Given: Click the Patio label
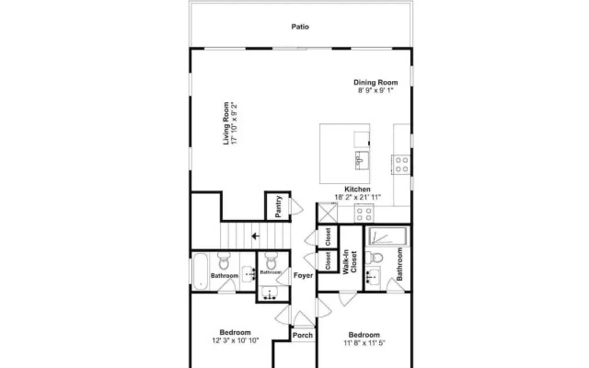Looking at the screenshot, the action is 300,27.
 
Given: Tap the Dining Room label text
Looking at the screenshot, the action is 375,82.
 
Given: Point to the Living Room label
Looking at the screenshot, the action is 225,123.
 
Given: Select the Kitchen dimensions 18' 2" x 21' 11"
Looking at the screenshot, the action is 358,197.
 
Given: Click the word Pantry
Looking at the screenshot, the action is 278,206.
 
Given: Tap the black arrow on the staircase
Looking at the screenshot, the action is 256,236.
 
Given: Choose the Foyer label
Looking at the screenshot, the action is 303,275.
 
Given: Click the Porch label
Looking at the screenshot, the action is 303,335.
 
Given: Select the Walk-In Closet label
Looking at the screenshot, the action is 350,261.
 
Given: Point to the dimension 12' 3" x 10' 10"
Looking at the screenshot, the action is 236,340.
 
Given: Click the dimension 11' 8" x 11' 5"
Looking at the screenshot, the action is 364,342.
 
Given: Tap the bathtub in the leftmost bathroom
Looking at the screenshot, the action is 201,271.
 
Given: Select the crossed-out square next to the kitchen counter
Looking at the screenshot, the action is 328,213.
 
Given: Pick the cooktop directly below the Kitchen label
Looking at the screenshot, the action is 364,214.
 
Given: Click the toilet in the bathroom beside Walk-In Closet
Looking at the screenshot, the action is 374,258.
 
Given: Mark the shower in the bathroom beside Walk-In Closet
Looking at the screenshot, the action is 388,236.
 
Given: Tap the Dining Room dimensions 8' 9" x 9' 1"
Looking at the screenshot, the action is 375,90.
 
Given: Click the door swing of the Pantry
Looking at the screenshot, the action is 296,207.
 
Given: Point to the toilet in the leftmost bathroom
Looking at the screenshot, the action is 224,261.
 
